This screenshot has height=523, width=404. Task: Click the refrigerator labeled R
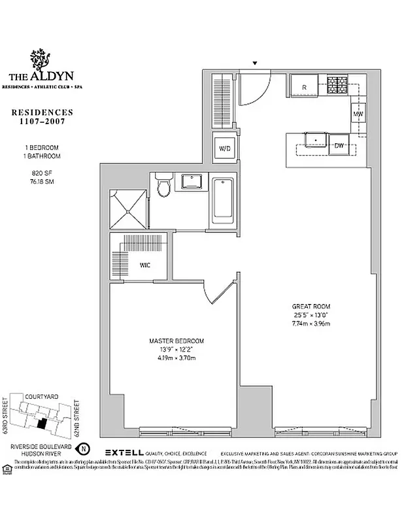[303, 86]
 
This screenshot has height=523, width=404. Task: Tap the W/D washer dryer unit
[225, 148]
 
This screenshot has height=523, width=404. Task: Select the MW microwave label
[358, 115]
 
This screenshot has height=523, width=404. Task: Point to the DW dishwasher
[339, 144]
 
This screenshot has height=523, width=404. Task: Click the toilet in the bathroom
[164, 187]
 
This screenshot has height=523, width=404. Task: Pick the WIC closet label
[145, 265]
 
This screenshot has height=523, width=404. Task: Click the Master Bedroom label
[177, 341]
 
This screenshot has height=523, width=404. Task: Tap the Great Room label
[311, 306]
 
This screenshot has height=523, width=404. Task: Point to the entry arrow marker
[256, 63]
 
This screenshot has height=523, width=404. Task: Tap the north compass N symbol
[82, 449]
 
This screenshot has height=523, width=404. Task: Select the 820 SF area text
[45, 174]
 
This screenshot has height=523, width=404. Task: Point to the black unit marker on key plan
[42, 424]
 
